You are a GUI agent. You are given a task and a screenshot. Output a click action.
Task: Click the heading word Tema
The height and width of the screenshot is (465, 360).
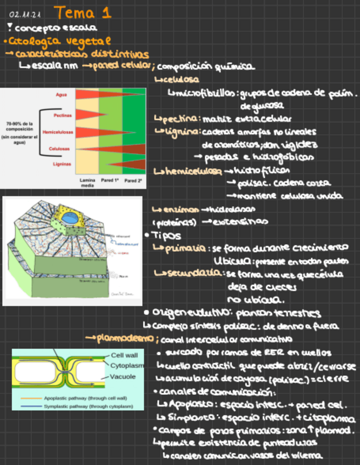(75, 12)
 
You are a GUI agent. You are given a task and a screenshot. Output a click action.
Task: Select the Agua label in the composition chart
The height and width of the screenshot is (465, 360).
(61, 95)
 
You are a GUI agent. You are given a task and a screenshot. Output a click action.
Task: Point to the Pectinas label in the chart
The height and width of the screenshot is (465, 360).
(61, 116)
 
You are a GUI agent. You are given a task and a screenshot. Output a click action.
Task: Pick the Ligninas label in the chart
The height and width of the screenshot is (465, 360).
(61, 164)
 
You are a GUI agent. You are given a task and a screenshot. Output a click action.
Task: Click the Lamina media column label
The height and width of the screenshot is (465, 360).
(87, 182)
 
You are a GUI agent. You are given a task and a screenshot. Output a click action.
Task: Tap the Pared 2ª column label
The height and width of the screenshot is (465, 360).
(133, 179)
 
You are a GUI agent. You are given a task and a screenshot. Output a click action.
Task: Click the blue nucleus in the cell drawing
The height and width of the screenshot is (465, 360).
(69, 218)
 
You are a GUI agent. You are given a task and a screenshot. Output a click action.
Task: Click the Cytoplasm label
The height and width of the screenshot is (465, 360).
(127, 366)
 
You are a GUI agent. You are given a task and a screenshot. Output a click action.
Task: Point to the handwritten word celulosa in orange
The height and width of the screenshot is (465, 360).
(177, 80)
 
